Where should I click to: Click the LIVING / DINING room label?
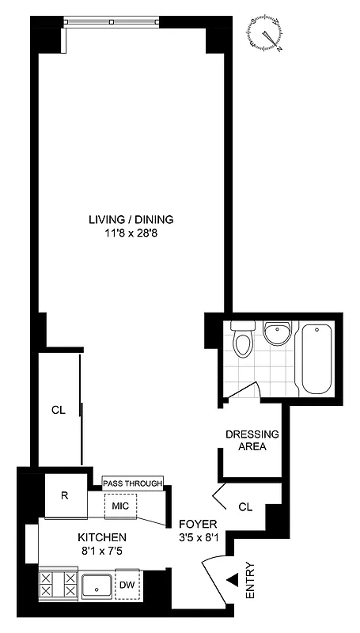tap(131, 219)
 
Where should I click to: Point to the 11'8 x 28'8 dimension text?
tap(131, 233)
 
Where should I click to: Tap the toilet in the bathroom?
tap(244, 342)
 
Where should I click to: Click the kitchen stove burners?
tap(59, 586)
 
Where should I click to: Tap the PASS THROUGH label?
tap(132, 483)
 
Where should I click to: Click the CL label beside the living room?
tap(57, 410)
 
